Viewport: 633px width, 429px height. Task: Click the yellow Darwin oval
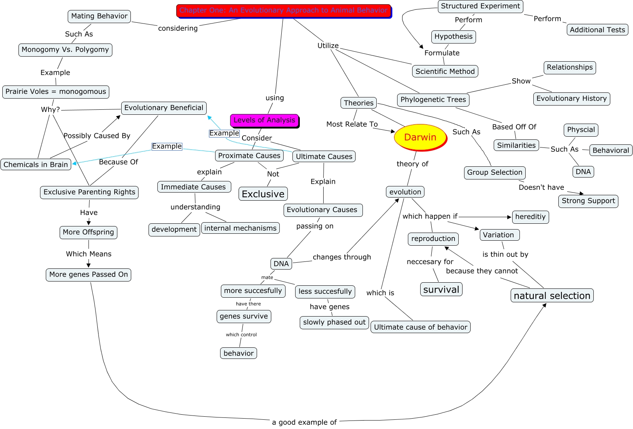(x=420, y=137)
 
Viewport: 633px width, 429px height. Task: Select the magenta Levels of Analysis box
(x=264, y=120)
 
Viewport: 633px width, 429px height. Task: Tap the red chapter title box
(x=284, y=10)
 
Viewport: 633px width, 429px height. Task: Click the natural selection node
(x=552, y=296)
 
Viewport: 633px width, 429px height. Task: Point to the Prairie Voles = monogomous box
(x=56, y=92)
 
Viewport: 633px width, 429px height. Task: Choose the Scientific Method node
(x=445, y=71)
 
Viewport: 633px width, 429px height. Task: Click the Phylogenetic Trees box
(x=433, y=100)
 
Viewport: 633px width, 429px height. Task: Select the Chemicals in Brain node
(x=36, y=164)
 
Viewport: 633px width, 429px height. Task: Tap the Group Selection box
(x=494, y=173)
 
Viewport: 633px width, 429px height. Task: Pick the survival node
(x=441, y=290)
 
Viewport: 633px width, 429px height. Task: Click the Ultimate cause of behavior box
(x=420, y=327)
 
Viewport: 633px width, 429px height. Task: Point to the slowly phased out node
(x=334, y=322)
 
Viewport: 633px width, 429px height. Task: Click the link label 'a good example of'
(x=304, y=422)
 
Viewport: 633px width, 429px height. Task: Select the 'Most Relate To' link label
(x=352, y=124)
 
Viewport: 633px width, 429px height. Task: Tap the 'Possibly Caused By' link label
(x=97, y=136)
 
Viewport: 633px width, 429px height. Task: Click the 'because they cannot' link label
(x=482, y=271)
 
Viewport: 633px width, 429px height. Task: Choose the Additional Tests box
(x=597, y=30)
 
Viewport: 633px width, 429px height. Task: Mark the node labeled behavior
(x=239, y=353)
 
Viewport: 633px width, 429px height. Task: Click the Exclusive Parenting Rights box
(x=89, y=192)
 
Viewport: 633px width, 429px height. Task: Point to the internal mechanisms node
(x=240, y=228)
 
